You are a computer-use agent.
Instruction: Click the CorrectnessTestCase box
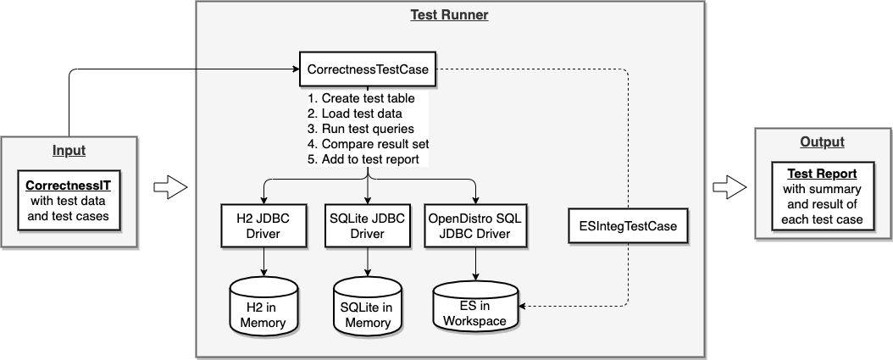[368, 69]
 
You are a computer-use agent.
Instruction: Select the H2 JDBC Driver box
[263, 226]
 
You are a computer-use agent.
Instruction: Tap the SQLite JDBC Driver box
[368, 226]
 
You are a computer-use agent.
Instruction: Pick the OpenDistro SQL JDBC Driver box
[475, 226]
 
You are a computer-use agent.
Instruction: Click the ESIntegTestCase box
[628, 226]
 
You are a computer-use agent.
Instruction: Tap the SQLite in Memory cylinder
[368, 307]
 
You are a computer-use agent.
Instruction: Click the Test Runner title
[449, 14]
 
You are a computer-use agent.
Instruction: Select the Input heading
[69, 151]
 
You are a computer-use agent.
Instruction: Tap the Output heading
[822, 141]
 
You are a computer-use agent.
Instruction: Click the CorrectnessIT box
[69, 201]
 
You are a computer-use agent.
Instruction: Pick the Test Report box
[822, 197]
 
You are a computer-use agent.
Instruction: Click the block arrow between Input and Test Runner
[170, 187]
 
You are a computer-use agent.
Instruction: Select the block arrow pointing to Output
[729, 187]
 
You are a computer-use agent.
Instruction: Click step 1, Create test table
[361, 98]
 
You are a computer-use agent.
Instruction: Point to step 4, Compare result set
[368, 143]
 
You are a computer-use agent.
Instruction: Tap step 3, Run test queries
[360, 129]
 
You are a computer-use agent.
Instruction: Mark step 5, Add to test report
[363, 159]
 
